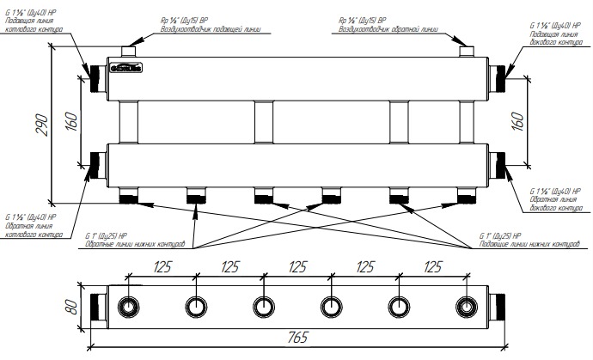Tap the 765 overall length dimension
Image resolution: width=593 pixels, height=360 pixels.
tap(297, 340)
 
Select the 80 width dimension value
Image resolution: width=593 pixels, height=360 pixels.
tap(71, 306)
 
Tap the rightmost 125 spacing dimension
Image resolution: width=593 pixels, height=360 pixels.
tap(431, 267)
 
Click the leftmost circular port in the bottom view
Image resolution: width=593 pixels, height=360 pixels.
tap(128, 307)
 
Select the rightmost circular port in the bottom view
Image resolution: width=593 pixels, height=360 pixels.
tap(466, 307)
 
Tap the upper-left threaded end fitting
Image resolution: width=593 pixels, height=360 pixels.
tap(95, 79)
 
